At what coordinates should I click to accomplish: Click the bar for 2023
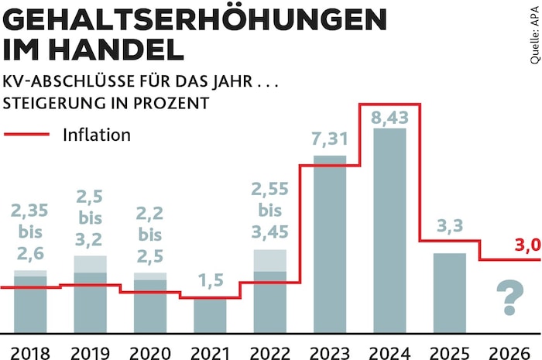tap(330, 245)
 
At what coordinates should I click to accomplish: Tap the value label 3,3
tap(449, 228)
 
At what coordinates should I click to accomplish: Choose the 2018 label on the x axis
tap(30, 348)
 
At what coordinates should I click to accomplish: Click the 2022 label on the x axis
tap(269, 348)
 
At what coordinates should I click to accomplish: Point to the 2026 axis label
tap(509, 348)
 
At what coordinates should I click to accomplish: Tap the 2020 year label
tap(150, 348)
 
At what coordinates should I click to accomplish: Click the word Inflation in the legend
tap(97, 135)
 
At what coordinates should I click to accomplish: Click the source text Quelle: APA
tap(534, 34)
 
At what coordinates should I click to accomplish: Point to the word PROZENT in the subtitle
tap(174, 102)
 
